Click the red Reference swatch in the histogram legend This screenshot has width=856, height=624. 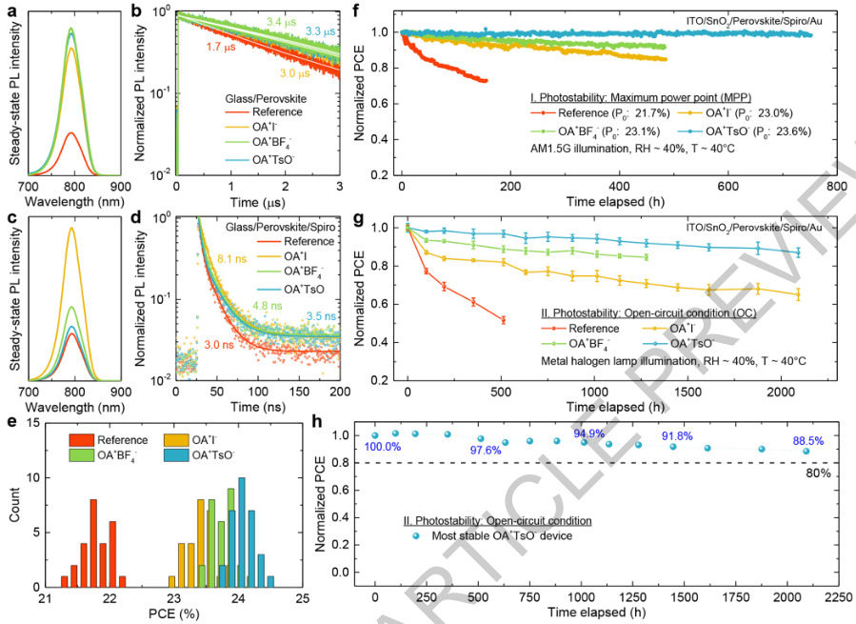(x=82, y=439)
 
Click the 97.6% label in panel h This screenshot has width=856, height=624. (x=490, y=450)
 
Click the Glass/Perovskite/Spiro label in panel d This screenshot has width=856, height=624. (x=285, y=225)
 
